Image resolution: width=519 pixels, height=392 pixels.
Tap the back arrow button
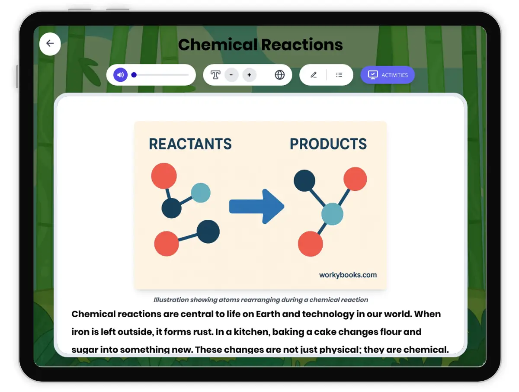50,44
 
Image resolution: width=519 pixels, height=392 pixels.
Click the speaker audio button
121,75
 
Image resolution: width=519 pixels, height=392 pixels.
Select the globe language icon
280,75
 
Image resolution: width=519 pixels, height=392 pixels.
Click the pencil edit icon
314,75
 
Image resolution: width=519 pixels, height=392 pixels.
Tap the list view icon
339,75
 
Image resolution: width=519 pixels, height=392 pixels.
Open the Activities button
388,75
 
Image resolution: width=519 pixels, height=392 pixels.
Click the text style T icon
215,75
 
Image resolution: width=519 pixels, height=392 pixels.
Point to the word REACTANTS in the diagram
190,144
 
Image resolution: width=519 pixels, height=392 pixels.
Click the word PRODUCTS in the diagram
328,144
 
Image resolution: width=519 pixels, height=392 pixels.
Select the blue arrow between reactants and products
256,207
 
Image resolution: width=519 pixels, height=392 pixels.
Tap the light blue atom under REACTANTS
201,193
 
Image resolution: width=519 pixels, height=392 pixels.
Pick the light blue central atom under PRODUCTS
332,214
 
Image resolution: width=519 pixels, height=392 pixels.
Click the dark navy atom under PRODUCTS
304,181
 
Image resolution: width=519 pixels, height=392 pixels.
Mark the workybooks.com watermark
348,275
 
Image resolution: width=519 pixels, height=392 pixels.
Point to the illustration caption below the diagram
261,299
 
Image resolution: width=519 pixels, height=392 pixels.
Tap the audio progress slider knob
134,75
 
